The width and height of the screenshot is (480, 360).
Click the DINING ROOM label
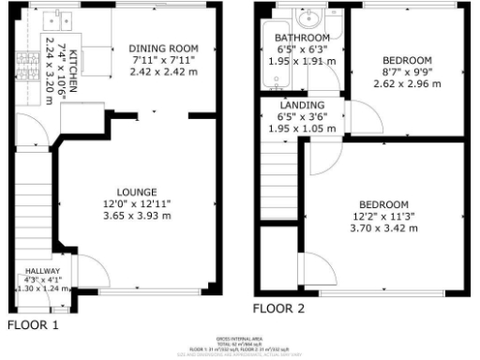coord(164,49)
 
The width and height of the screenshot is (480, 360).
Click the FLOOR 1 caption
coord(33,326)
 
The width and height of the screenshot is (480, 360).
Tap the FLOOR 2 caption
coord(277,307)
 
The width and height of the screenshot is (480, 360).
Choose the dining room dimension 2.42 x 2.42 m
coord(164,72)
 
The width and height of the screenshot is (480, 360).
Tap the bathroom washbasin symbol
coord(307,17)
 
